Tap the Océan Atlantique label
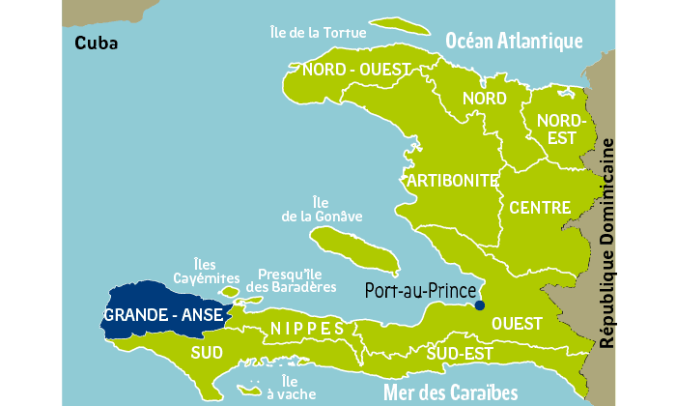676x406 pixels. [x=514, y=40]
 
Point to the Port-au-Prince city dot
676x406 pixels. [x=480, y=305]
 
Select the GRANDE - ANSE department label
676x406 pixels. [x=164, y=316]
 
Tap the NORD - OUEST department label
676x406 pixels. [x=357, y=70]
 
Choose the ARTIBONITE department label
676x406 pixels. [x=452, y=180]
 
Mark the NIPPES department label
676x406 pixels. [x=306, y=330]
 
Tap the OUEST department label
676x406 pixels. [x=517, y=325]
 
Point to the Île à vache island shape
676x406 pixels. [x=249, y=391]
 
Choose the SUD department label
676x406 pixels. [x=208, y=351]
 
